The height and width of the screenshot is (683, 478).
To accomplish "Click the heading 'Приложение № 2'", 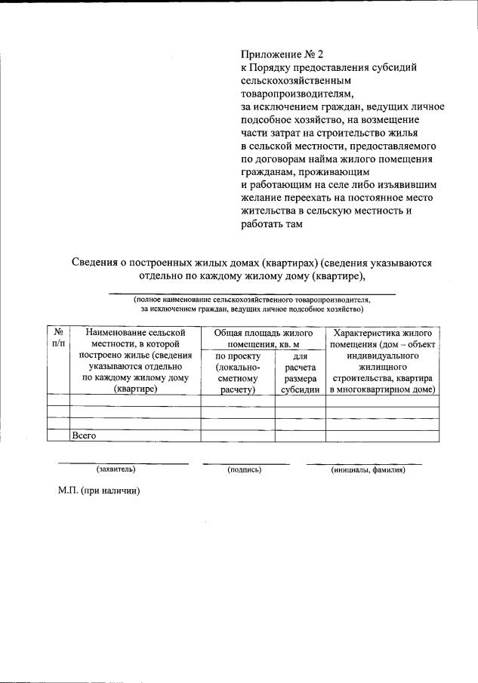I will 281,54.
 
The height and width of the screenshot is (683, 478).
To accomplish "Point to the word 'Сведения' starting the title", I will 97,263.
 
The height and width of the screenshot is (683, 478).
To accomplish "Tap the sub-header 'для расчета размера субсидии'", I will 300,372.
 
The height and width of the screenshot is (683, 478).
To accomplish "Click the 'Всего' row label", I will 84,435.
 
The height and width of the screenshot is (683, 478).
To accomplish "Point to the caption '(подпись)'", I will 244,469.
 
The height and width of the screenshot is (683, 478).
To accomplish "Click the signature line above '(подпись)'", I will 245,463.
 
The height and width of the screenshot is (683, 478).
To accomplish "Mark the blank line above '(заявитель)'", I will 123,463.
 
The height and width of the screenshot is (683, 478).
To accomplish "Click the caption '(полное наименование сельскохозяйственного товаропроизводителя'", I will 252,300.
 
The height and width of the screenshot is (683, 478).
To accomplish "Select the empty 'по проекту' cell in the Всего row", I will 238,435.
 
